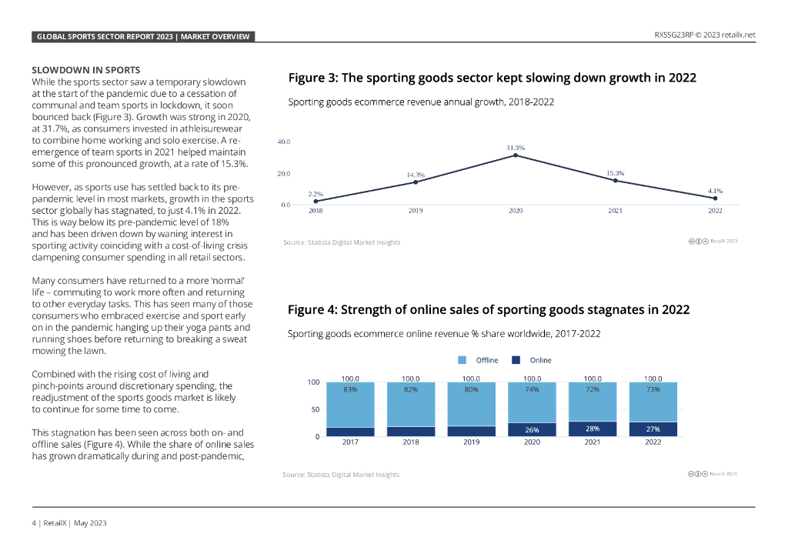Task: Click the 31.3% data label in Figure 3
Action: coord(516,148)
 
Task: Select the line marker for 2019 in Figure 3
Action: coord(416,182)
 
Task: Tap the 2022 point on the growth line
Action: coord(715,198)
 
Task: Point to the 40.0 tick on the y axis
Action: coord(283,142)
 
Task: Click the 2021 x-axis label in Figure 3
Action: coord(615,210)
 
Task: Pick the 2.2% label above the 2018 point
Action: coord(316,194)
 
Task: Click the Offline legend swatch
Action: coord(462,360)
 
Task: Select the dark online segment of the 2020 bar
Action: coord(532,429)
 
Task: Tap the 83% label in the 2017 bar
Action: coord(350,389)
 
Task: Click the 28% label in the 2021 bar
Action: coord(593,429)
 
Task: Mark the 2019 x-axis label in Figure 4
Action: coord(471,442)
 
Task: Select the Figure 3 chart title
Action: coord(492,78)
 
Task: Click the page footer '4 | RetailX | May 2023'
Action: coord(68,523)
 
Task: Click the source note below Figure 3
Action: coord(342,242)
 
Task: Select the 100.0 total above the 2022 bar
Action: coord(653,379)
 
